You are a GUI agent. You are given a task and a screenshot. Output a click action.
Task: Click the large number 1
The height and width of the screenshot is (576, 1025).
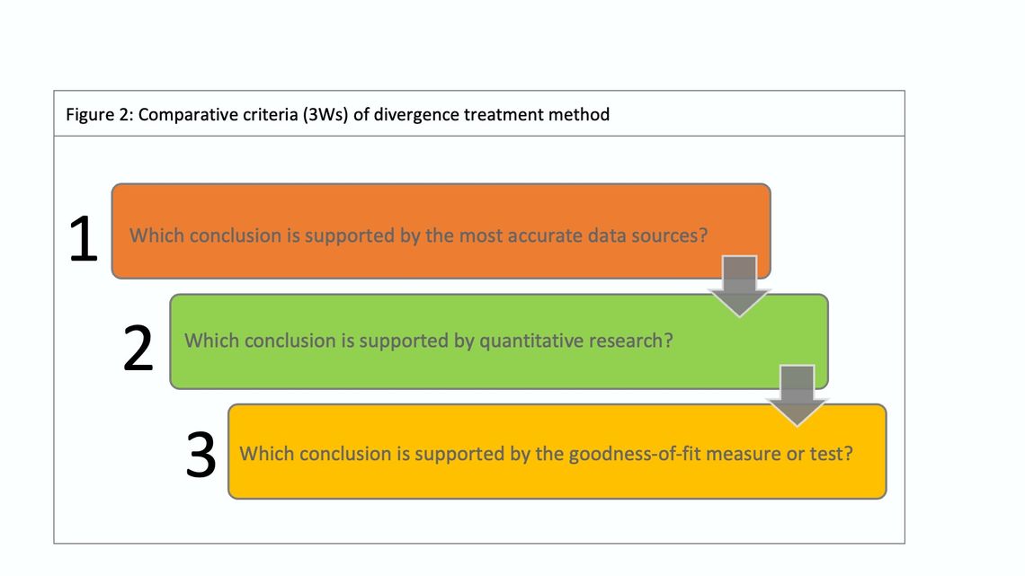click(x=84, y=239)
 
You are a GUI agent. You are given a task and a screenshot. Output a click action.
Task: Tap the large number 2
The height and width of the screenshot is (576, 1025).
click(x=138, y=349)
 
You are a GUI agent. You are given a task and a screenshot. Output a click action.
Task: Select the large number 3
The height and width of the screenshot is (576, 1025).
click(x=201, y=456)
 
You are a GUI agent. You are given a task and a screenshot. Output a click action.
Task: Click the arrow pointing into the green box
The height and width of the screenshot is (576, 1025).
click(x=739, y=286)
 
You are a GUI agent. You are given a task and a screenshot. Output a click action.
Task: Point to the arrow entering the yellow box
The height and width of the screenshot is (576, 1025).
click(x=797, y=395)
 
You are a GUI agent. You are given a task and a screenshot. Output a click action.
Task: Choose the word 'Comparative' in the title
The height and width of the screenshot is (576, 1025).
click(x=183, y=115)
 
